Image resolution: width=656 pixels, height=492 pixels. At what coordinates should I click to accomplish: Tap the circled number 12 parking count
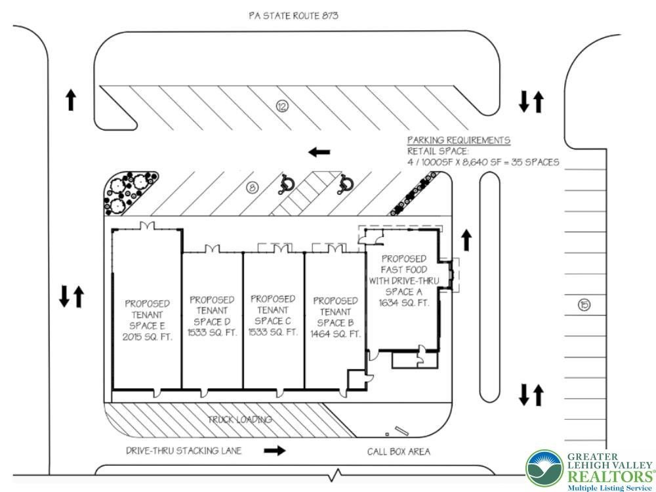pyautogui.click(x=283, y=105)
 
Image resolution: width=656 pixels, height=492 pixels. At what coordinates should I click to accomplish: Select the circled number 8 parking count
pyautogui.click(x=253, y=188)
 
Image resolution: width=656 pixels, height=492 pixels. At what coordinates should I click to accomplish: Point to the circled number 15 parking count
pyautogui.click(x=584, y=304)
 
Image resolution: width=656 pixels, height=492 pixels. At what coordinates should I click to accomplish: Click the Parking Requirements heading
pyautogui.click(x=459, y=140)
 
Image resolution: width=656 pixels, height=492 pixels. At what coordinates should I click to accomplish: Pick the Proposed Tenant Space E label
pyautogui.click(x=147, y=319)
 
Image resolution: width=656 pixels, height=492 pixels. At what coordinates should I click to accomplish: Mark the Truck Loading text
pyautogui.click(x=240, y=419)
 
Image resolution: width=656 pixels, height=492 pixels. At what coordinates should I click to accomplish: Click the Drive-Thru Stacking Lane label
pyautogui.click(x=184, y=451)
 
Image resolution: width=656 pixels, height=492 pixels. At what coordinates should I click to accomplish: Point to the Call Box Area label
pyautogui.click(x=399, y=451)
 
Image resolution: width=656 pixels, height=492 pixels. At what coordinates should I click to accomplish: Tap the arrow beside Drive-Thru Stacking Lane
pyautogui.click(x=276, y=451)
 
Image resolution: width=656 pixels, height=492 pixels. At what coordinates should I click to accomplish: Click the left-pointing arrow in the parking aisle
pyautogui.click(x=319, y=152)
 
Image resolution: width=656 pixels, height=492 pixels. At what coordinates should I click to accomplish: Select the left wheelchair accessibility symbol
pyautogui.click(x=287, y=186)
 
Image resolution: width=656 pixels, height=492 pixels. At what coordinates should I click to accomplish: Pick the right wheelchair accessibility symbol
pyautogui.click(x=343, y=186)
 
